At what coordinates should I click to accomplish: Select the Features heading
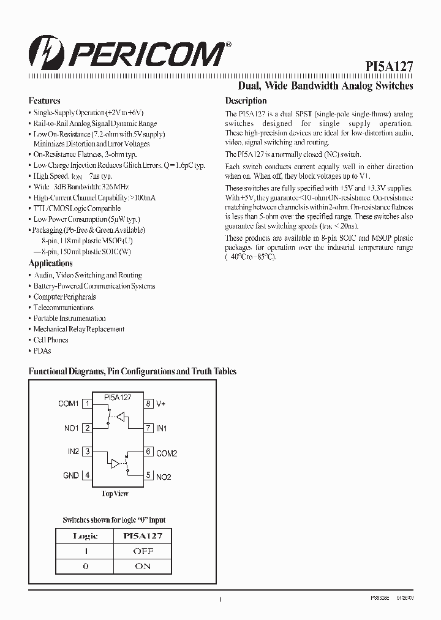coord(44,100)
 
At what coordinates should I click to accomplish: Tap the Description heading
coord(246,100)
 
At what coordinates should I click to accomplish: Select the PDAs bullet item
coord(42,350)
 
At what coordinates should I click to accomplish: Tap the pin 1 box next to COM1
coord(87,404)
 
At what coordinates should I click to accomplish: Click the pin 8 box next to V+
coord(148,404)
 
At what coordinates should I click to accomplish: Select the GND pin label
coord(71,475)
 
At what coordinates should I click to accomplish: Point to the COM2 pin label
coord(167,453)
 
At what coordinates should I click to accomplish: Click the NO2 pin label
coord(164,477)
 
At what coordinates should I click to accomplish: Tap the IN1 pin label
coord(162,428)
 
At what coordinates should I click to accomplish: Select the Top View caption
coord(115,494)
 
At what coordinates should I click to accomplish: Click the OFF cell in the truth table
coord(143,551)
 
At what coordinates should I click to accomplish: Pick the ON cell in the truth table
coord(143,566)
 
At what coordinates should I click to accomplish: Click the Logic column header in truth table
coord(85,535)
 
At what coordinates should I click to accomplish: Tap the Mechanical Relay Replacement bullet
coord(78,329)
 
